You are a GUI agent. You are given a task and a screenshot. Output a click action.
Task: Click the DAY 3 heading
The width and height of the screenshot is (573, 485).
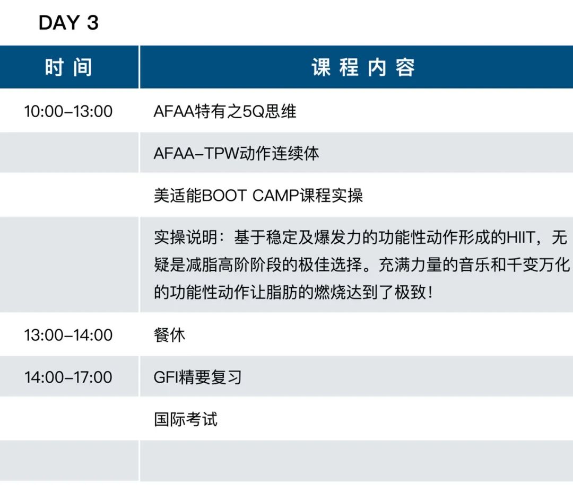(x=68, y=23)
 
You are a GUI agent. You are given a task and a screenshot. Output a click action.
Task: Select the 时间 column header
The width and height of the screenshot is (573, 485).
(x=68, y=67)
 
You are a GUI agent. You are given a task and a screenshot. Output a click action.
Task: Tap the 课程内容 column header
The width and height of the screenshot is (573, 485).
(x=363, y=67)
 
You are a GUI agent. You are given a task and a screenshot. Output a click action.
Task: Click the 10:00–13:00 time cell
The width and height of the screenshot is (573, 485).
(x=68, y=111)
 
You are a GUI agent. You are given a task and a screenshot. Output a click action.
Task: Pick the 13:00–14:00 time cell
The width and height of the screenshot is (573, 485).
(x=68, y=335)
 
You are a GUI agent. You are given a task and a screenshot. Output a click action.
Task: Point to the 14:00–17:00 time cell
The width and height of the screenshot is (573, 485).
(x=68, y=377)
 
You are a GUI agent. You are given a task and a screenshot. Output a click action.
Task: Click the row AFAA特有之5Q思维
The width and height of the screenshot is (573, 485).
(x=225, y=111)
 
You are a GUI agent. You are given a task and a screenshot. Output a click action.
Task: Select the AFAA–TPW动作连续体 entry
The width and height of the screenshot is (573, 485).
(x=236, y=153)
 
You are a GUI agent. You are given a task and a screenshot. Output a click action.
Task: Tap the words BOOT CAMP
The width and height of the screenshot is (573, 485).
(x=250, y=196)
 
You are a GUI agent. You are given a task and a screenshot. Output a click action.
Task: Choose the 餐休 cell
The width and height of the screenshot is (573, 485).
(x=170, y=335)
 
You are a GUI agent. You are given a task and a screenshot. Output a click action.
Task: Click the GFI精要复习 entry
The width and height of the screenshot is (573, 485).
(x=198, y=377)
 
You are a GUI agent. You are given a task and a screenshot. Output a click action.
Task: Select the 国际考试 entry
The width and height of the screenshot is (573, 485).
(x=186, y=419)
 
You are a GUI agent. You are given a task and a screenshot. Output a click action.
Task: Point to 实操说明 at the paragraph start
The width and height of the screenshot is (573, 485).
(x=186, y=238)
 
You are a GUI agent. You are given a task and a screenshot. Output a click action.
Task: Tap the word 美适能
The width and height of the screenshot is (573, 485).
(x=178, y=196)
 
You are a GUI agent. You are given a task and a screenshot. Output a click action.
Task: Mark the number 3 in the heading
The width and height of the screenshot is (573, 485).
(x=93, y=23)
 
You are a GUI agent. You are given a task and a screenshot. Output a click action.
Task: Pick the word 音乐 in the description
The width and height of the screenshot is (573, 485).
(x=474, y=265)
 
